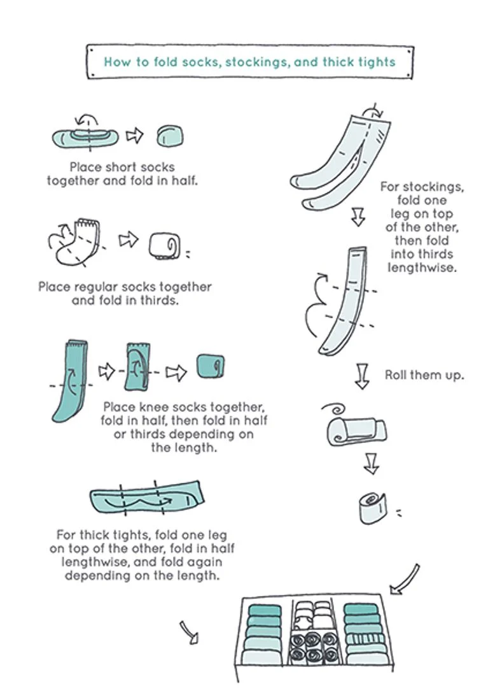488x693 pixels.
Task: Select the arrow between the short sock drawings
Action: tap(134, 135)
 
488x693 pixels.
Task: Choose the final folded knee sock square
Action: tap(211, 366)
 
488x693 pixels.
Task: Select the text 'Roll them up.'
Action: tap(424, 375)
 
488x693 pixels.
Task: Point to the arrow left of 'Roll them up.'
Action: tap(361, 376)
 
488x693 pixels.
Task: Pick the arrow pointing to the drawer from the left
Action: tap(190, 632)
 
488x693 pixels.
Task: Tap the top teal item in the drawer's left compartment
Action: tap(265, 611)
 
